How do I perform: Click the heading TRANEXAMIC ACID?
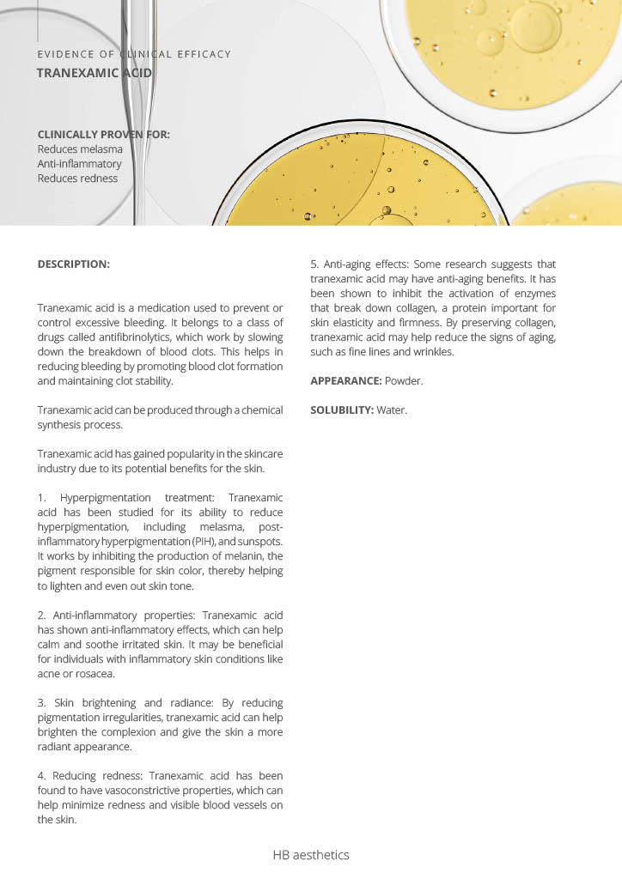tap(95, 73)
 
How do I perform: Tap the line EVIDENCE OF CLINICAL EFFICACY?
tap(134, 54)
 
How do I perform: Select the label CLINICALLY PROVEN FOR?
tap(104, 135)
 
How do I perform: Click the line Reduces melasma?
tap(80, 149)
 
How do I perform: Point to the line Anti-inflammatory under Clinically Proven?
tap(79, 164)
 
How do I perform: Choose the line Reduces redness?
tap(77, 179)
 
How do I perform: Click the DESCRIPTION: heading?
tap(74, 264)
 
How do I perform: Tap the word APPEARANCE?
tap(345, 380)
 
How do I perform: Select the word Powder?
tap(404, 380)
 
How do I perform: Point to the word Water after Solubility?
tap(391, 409)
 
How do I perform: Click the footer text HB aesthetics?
tap(311, 855)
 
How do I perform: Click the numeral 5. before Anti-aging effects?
tap(314, 264)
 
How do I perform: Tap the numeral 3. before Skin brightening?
tap(42, 703)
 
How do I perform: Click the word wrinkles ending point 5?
tap(431, 351)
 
